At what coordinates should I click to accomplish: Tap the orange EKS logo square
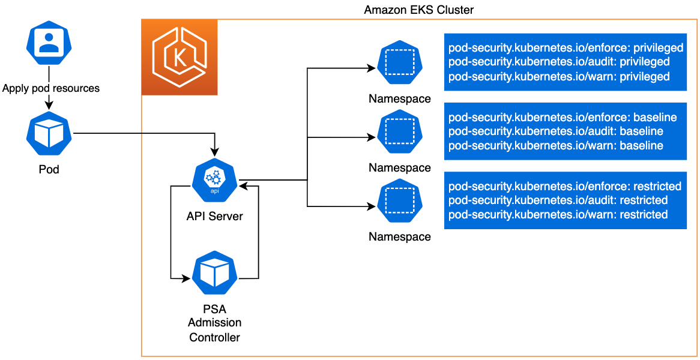(x=180, y=58)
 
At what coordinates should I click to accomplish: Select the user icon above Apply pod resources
(x=49, y=46)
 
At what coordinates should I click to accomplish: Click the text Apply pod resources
(x=51, y=88)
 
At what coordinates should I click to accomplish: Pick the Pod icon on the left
(x=49, y=134)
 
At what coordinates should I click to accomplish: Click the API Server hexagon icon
(x=214, y=180)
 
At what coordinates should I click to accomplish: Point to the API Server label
(x=214, y=216)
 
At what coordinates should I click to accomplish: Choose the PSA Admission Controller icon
(x=214, y=273)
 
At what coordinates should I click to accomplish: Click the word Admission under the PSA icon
(x=214, y=323)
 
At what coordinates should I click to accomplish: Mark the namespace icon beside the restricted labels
(x=399, y=202)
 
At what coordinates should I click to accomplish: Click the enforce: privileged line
(x=566, y=47)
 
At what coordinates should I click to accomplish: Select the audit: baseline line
(x=556, y=131)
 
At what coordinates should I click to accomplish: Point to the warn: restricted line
(x=558, y=214)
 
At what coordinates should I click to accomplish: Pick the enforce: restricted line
(x=565, y=186)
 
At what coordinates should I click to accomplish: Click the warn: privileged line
(x=559, y=76)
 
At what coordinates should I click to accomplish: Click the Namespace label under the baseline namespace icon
(x=399, y=167)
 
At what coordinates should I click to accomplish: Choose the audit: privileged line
(x=559, y=62)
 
